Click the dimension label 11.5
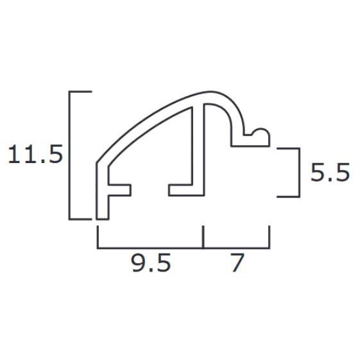[x=35, y=154]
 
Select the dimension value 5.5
[x=330, y=172]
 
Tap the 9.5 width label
[x=151, y=262]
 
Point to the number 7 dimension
[x=237, y=262]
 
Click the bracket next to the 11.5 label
[x=69, y=155]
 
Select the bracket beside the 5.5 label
[x=300, y=173]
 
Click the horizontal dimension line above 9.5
[x=150, y=248]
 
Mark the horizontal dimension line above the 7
[x=237, y=248]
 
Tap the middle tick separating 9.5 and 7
[x=203, y=237]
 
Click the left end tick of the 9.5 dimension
[x=98, y=237]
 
